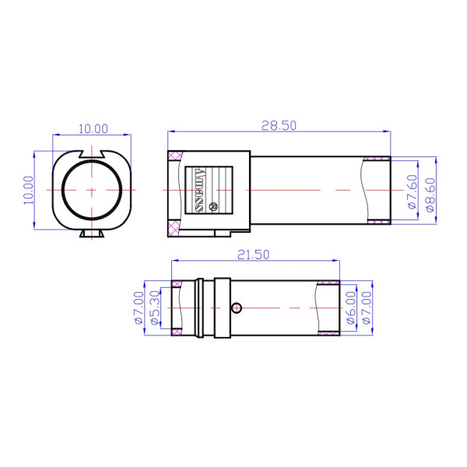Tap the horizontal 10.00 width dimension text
tap(92, 128)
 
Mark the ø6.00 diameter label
tap(350, 308)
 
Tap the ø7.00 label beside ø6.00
tap(366, 308)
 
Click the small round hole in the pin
tap(238, 307)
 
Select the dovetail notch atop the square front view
tap(92, 153)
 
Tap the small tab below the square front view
tap(92, 233)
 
